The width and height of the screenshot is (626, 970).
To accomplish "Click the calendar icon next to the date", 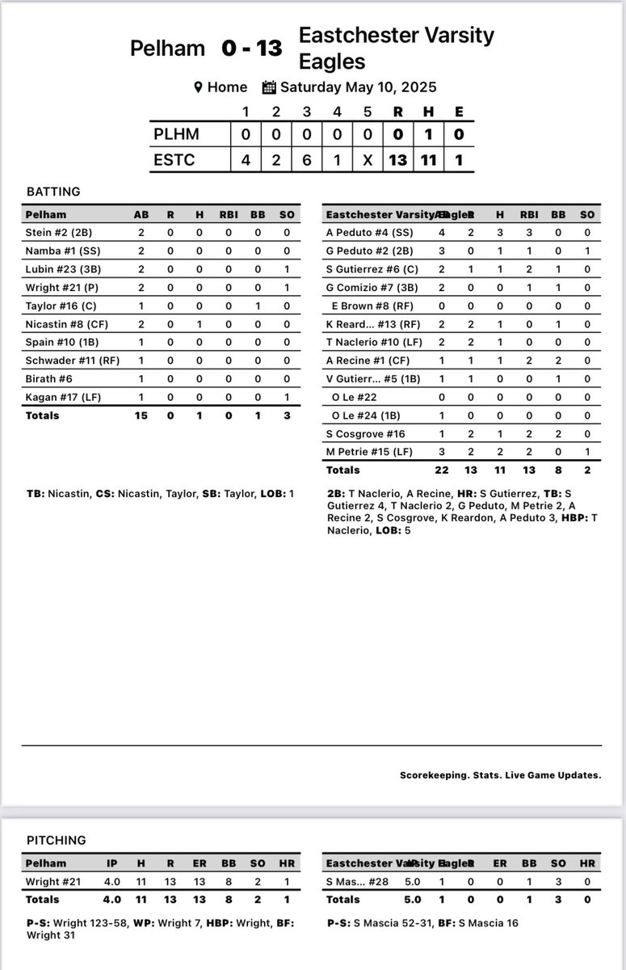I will coord(270,87).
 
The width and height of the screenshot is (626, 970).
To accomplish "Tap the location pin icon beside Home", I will coord(197,87).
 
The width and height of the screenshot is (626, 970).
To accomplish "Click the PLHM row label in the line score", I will coord(175,133).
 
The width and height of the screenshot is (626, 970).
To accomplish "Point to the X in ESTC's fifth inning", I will coord(368,160).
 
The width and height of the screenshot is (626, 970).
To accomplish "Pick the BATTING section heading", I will coord(53,192).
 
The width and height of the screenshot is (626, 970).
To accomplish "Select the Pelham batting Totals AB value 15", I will coord(145,415).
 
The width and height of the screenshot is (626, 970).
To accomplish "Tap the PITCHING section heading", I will coord(56,841).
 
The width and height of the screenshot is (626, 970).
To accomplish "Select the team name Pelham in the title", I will coord(167,48).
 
